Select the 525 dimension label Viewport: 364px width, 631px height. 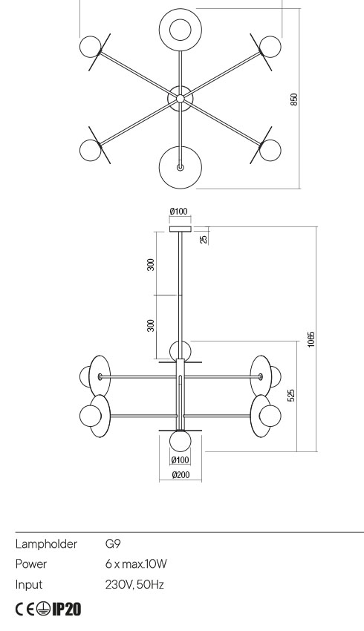coord(291,394)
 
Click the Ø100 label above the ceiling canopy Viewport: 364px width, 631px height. coord(179,212)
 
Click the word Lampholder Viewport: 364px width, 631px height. coord(46,544)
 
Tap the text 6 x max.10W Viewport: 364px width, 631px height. coord(137,564)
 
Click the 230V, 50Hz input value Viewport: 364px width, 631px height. coord(135,584)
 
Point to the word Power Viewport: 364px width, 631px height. coord(32,564)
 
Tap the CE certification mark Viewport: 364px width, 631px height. coord(25,609)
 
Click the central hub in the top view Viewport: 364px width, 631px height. coord(180,97)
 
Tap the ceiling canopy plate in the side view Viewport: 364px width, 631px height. coord(180,229)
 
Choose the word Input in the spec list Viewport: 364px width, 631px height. coord(29,584)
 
